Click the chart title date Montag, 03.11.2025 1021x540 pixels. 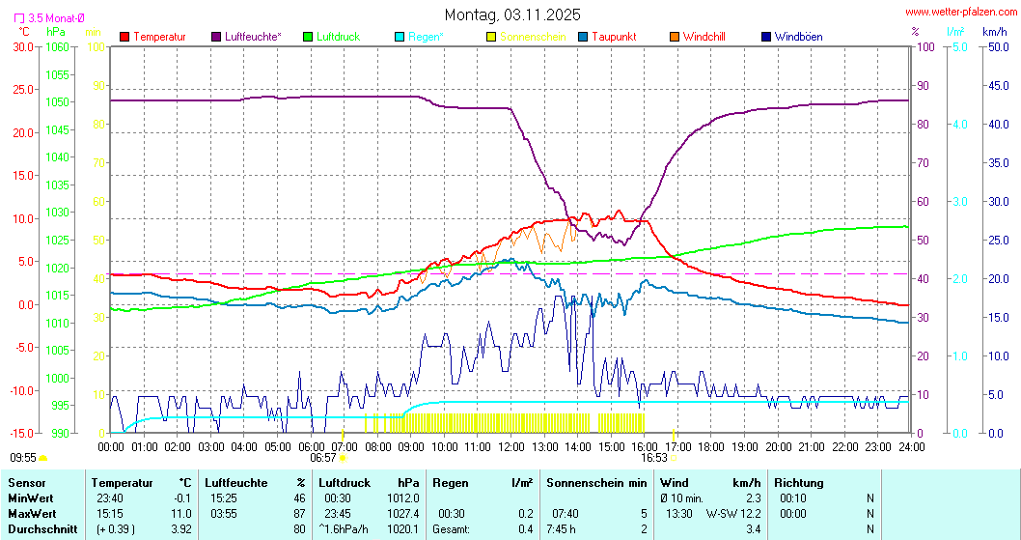tap(512, 14)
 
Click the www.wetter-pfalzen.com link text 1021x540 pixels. tap(960, 13)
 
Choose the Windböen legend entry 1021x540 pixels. tap(798, 37)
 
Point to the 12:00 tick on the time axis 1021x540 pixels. tap(510, 446)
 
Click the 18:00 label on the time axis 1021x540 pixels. tap(711, 446)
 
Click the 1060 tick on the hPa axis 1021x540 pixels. tap(57, 46)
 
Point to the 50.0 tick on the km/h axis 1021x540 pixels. tap(996, 46)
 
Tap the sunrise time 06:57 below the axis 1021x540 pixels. tap(322, 458)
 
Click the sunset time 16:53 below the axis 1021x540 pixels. tap(654, 458)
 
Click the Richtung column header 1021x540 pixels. tap(799, 483)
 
